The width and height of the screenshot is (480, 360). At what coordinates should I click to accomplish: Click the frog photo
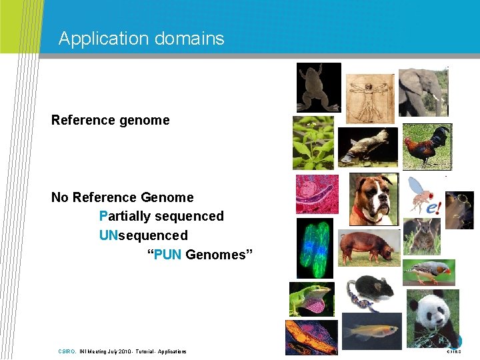pos(319,87)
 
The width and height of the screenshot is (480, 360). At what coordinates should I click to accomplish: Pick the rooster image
pos(427,146)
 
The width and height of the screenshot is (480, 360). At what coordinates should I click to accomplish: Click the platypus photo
pos(367,147)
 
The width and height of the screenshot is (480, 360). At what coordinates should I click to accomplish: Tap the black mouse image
pos(370,291)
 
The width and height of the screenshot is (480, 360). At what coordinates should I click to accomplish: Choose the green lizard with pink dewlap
pos(311,299)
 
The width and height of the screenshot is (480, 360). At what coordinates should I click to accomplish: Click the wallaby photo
pos(425,236)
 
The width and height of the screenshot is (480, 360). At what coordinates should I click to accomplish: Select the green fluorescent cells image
pos(315,247)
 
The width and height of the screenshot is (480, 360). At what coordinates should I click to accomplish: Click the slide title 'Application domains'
pos(141,39)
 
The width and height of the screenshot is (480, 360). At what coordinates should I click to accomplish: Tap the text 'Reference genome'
pos(111,120)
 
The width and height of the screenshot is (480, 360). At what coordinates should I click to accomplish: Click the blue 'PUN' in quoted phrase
pos(167,255)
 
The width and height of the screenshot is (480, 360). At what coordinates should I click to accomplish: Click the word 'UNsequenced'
pos(143,235)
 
